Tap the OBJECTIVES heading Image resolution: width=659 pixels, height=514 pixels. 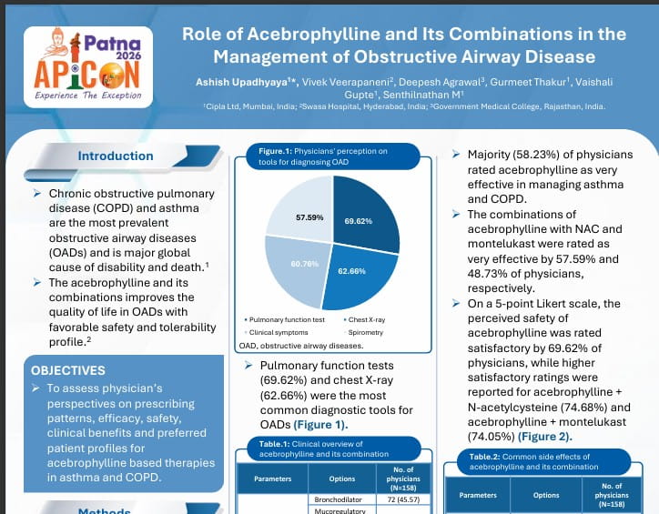coord(68,370)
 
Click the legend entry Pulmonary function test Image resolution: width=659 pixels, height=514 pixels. coord(284,320)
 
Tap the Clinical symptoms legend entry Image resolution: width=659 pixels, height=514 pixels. coord(278,333)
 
